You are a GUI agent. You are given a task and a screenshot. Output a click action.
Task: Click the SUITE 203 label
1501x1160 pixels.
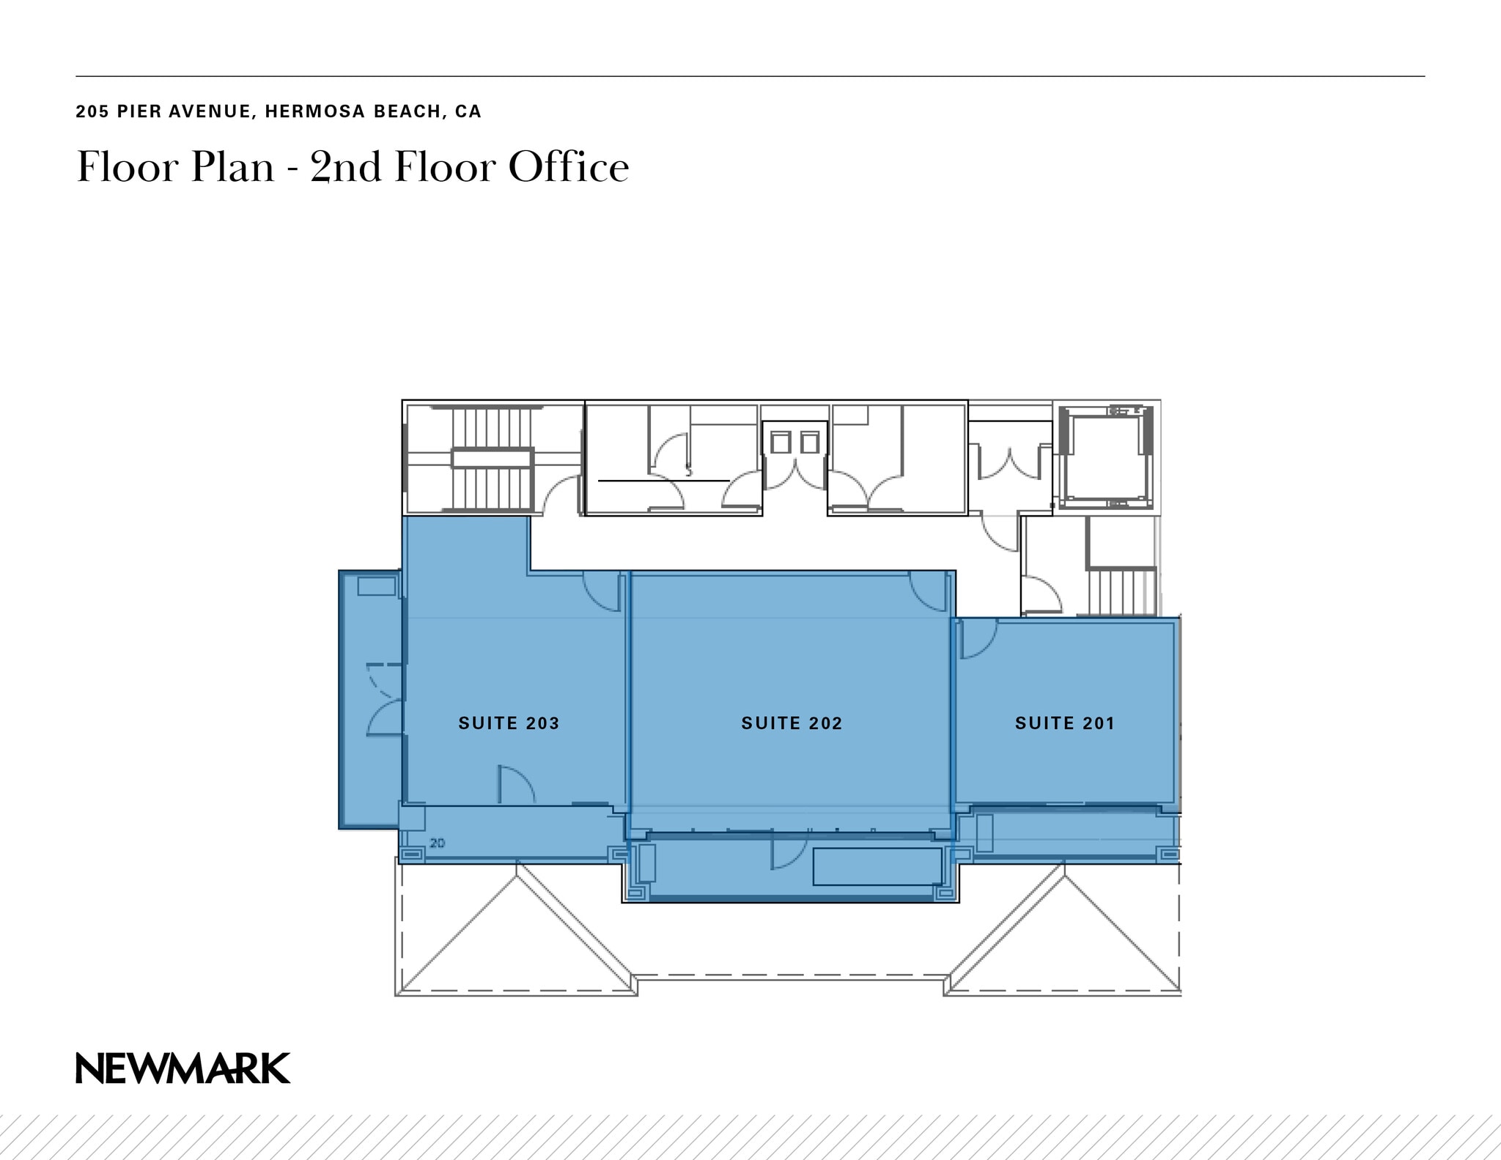pos(509,723)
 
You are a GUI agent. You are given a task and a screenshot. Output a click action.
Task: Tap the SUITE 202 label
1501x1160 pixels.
pos(792,723)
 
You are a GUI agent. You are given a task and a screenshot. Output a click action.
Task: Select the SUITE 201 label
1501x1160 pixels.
pos(1064,723)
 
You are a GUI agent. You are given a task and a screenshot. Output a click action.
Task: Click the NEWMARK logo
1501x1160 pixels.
pos(183,1068)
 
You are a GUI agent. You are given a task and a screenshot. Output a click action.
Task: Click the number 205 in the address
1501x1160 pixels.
pos(92,111)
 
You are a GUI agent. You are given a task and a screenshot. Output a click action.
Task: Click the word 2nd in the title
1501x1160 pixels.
pos(345,167)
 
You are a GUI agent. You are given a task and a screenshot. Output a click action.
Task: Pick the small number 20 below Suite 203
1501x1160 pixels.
pos(437,843)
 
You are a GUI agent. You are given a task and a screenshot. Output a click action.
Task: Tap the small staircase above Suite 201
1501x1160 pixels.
pos(1118,592)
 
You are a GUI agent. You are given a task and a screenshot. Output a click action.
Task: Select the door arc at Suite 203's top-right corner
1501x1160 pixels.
pos(602,592)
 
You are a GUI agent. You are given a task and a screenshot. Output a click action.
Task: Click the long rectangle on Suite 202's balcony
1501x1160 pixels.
pos(877,866)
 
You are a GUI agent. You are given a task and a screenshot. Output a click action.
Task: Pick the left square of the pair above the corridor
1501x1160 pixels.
pos(780,443)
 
